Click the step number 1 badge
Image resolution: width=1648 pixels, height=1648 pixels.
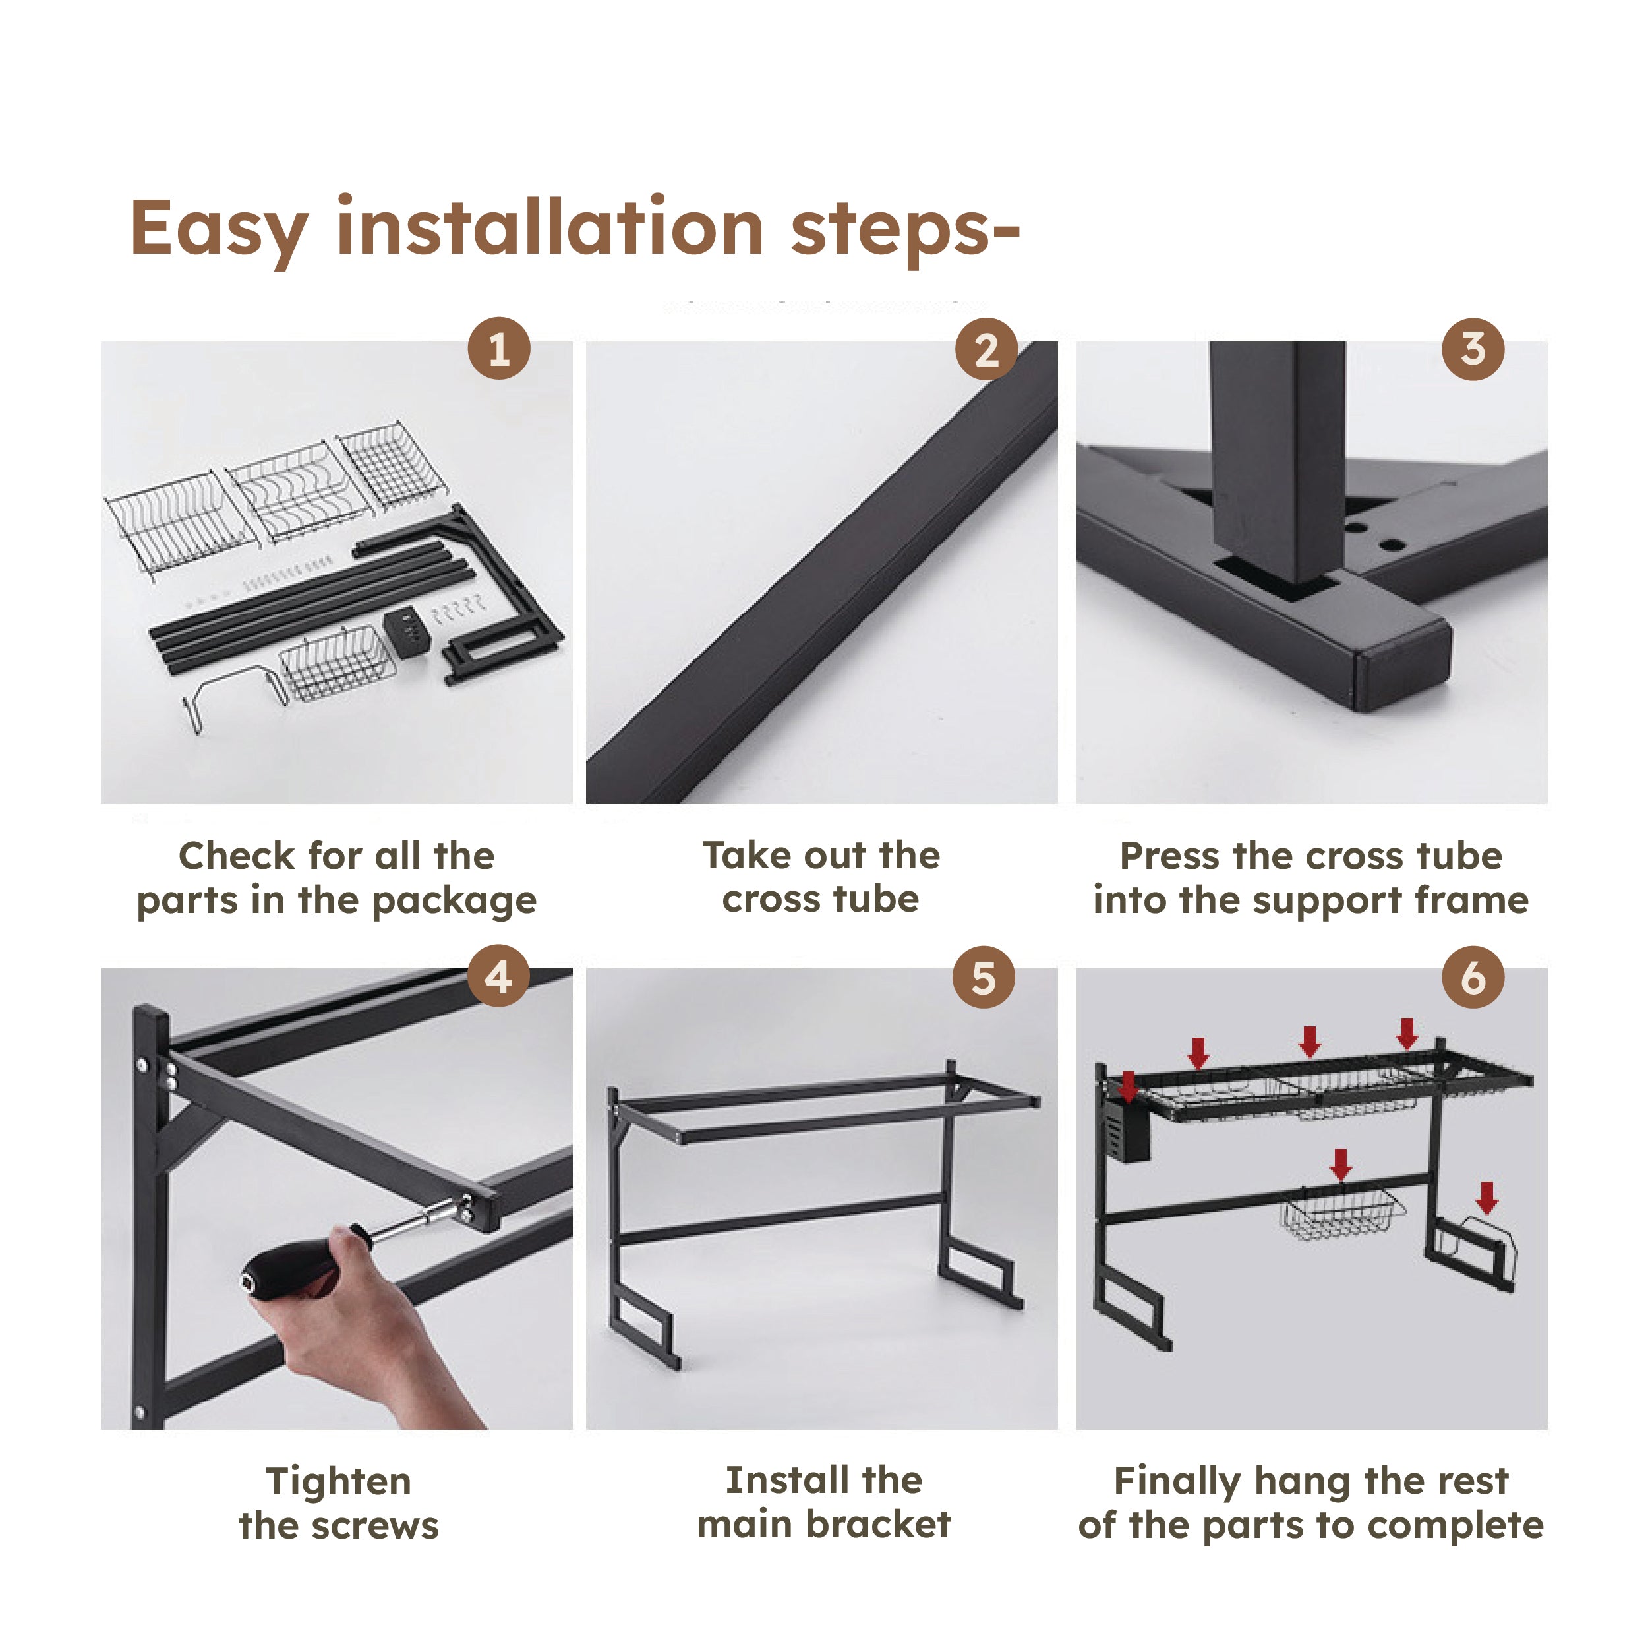click(499, 349)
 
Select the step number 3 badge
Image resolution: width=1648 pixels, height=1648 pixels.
click(1473, 349)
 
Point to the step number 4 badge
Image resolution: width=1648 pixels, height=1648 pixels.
click(499, 977)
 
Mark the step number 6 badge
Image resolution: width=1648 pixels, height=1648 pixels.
click(1473, 977)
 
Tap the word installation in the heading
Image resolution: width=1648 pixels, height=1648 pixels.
click(550, 225)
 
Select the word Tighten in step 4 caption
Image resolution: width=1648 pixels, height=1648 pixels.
click(339, 1482)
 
